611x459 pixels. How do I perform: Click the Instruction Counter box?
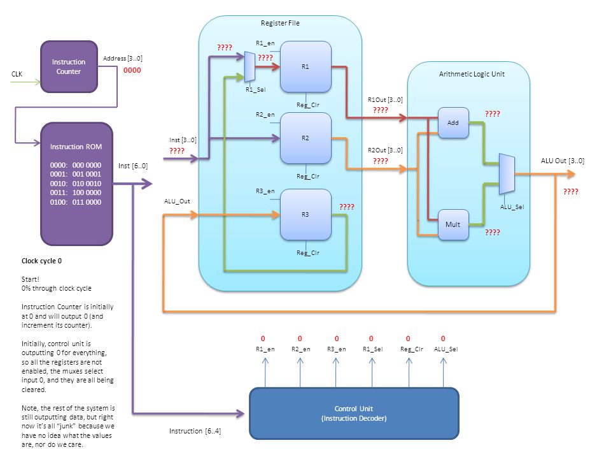pyautogui.click(x=69, y=67)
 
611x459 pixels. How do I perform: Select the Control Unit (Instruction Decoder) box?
pyautogui.click(x=354, y=413)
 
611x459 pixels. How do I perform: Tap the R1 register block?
pyautogui.click(x=305, y=67)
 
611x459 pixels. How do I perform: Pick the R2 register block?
pyautogui.click(x=305, y=138)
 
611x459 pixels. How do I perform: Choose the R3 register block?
pyautogui.click(x=305, y=215)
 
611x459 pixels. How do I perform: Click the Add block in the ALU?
pyautogui.click(x=453, y=122)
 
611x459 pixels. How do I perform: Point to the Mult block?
pyautogui.click(x=453, y=224)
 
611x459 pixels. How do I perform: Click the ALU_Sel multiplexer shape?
pyautogui.click(x=507, y=173)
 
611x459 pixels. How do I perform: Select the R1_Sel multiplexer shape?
pyautogui.click(x=249, y=67)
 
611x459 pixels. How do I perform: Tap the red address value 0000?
pyautogui.click(x=132, y=70)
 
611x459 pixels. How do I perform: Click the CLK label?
pyautogui.click(x=17, y=74)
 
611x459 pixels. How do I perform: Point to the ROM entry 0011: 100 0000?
pyautogui.click(x=76, y=193)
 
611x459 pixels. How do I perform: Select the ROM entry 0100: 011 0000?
pyautogui.click(x=76, y=202)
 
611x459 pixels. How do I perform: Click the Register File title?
pyautogui.click(x=280, y=23)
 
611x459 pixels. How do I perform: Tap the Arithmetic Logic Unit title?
pyautogui.click(x=472, y=74)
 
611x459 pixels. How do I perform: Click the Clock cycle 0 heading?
pyautogui.click(x=42, y=261)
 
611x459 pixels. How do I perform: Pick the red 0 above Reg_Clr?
pyautogui.click(x=408, y=339)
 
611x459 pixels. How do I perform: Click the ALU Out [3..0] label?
pyautogui.click(x=562, y=161)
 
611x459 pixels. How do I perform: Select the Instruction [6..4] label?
pyautogui.click(x=195, y=431)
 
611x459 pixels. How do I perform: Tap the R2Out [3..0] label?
pyautogui.click(x=386, y=150)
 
